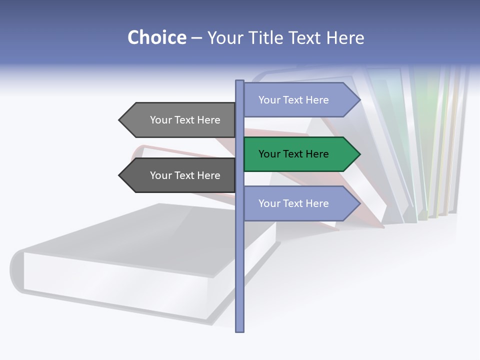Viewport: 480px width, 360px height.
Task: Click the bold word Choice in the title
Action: coord(156,37)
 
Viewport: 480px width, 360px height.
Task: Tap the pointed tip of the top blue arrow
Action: coord(359,100)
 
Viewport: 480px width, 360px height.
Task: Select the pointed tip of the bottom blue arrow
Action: coord(359,203)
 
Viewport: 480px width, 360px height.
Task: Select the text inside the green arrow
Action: coord(293,154)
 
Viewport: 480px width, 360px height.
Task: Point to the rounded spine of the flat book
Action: coord(16,270)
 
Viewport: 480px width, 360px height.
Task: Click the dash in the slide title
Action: coord(196,37)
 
